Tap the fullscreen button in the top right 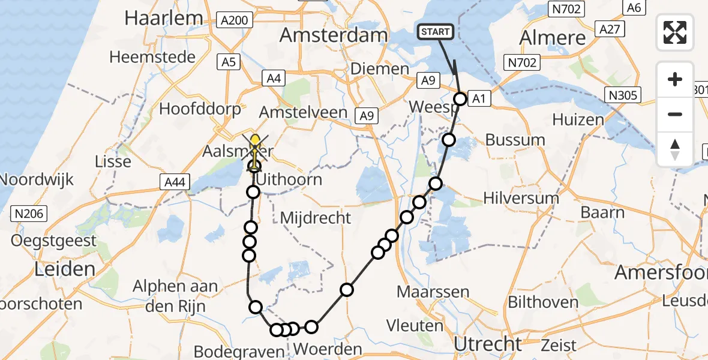tap(675, 32)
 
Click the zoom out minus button tap(675, 114)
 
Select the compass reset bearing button tap(675, 149)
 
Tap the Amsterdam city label tap(334, 35)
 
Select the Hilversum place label tap(521, 198)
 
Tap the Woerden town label tap(329, 349)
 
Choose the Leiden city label tap(65, 268)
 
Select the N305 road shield tap(624, 95)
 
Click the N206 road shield tap(28, 212)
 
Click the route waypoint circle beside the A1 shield tap(460, 99)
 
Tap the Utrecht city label tap(488, 344)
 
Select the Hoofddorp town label tap(200, 109)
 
